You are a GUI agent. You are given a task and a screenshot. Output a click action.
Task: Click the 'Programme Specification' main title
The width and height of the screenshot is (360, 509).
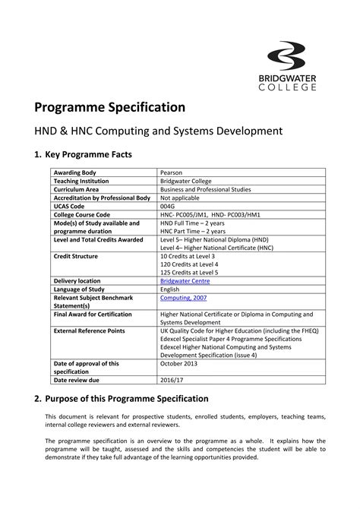point(116,106)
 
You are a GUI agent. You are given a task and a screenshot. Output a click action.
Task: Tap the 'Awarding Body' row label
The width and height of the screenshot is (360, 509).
point(74,173)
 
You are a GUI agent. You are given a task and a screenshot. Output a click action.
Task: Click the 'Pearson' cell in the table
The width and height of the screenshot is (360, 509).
point(172,173)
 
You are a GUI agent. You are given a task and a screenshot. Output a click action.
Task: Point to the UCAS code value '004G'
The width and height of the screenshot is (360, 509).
point(168,207)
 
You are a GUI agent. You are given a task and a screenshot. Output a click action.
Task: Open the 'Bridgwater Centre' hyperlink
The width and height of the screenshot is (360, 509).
point(185,281)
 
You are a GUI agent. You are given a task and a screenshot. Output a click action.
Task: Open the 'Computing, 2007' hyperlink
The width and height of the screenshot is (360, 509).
point(182,298)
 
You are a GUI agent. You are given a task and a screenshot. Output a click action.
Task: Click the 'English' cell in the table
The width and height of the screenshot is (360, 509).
point(169,289)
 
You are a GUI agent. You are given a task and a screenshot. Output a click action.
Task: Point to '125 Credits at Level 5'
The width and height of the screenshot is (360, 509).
point(189,273)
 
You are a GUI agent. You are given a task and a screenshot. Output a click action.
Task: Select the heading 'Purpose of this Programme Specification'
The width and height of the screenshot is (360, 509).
point(127,398)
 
